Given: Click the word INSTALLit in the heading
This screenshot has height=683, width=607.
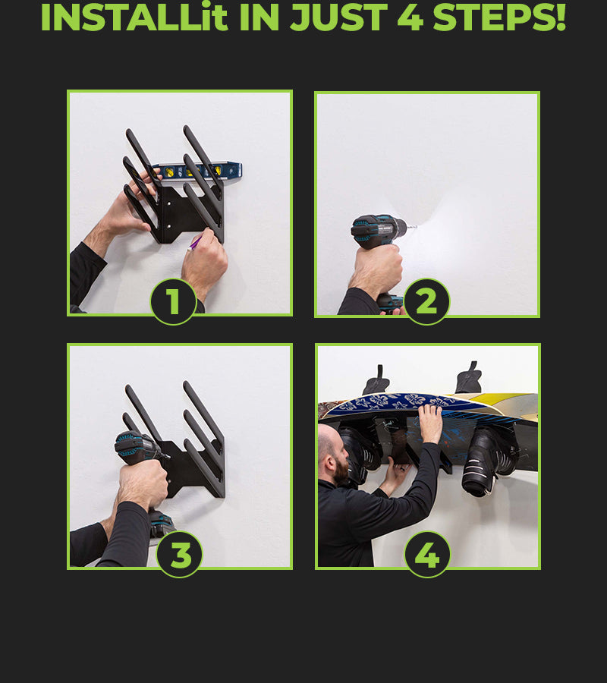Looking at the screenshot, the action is click(x=134, y=17).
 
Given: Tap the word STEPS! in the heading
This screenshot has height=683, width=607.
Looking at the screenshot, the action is click(x=499, y=17).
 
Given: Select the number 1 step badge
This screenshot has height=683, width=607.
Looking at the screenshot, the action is click(x=173, y=301).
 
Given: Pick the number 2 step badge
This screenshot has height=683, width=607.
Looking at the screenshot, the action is click(x=426, y=301).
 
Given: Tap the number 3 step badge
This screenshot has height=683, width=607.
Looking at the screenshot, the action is click(x=179, y=555).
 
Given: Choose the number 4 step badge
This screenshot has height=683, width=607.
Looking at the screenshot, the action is click(x=428, y=555).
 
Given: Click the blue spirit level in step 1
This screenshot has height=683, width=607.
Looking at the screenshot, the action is click(x=197, y=171).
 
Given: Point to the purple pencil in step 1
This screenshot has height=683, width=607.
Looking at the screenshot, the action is click(x=194, y=243).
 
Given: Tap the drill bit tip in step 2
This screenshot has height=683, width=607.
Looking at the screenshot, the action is click(x=417, y=226).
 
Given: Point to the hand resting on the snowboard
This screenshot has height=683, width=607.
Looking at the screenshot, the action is click(x=429, y=423).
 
